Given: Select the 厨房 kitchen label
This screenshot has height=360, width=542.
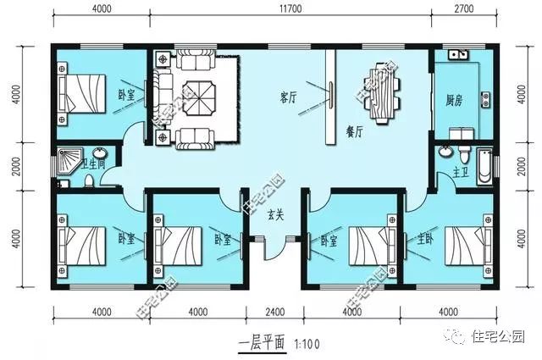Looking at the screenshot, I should (x=453, y=97).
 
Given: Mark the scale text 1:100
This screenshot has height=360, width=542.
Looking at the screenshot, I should (x=307, y=345).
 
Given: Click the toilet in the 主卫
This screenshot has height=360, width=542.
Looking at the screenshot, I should (x=462, y=158).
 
